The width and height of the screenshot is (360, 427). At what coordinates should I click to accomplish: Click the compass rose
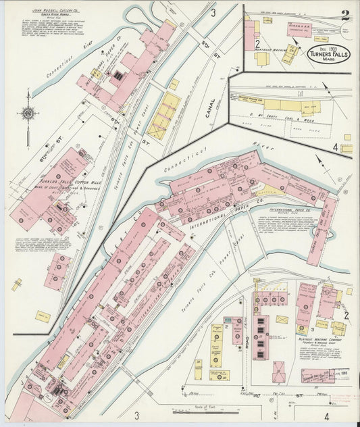coord(28,114)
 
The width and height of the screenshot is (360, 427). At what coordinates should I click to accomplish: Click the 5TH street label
coord(205,48)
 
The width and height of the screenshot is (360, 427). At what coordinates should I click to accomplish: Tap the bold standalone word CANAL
coord(210,108)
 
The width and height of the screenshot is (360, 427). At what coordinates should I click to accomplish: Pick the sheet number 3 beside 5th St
coord(213,13)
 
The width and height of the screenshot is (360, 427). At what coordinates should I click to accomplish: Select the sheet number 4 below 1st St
coord(326,416)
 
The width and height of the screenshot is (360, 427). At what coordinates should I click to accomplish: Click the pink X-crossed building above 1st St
coord(278,372)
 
